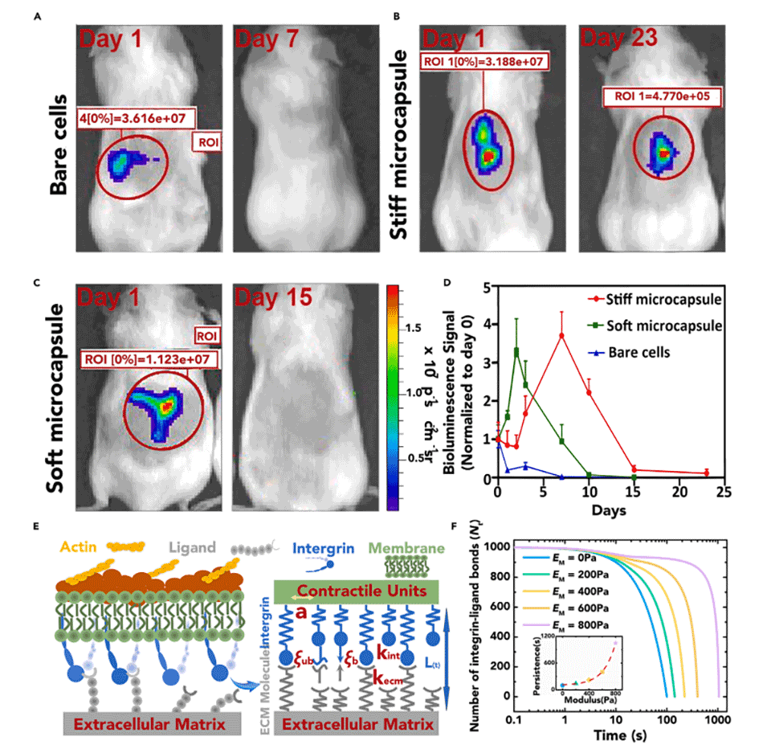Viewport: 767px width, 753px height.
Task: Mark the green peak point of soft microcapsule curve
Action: (516, 351)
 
